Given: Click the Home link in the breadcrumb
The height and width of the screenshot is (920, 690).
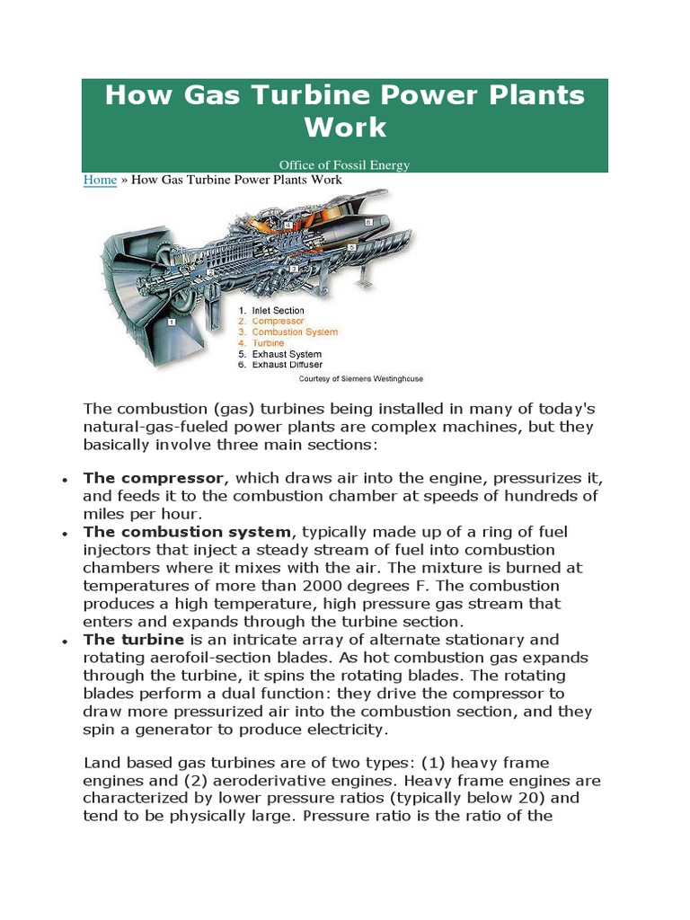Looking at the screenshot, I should pos(100,180).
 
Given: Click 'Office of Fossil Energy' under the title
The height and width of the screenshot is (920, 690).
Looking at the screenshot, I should pos(344,164).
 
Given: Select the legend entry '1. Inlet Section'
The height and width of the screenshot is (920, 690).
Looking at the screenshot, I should pos(271,311).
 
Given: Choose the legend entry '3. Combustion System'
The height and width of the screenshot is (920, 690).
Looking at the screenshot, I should pos(287,332).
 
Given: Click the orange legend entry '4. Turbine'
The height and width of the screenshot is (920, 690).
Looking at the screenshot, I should pos(261,343).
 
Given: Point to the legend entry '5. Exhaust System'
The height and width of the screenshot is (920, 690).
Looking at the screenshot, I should pos(281,354).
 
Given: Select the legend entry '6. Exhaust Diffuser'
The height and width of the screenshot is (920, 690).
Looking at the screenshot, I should pos(282,365).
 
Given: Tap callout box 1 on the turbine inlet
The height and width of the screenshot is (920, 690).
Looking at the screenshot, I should pos(171,320).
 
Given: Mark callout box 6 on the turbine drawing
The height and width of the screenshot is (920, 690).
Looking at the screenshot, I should pos(368,220).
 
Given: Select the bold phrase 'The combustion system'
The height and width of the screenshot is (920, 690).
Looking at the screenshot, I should pos(188,532).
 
